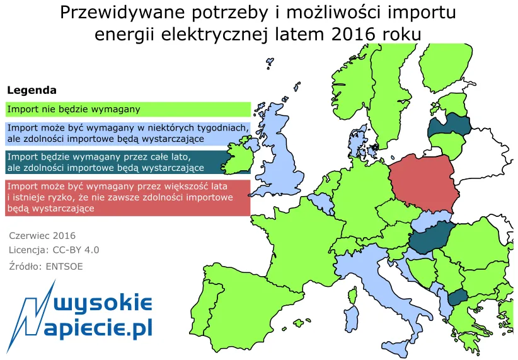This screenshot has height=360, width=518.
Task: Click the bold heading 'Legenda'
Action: (32, 90)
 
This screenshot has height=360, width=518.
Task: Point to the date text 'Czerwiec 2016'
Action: (42, 236)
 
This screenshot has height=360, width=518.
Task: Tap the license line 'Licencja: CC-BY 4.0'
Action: (54, 250)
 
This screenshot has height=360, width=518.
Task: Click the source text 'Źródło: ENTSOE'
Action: (46, 266)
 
